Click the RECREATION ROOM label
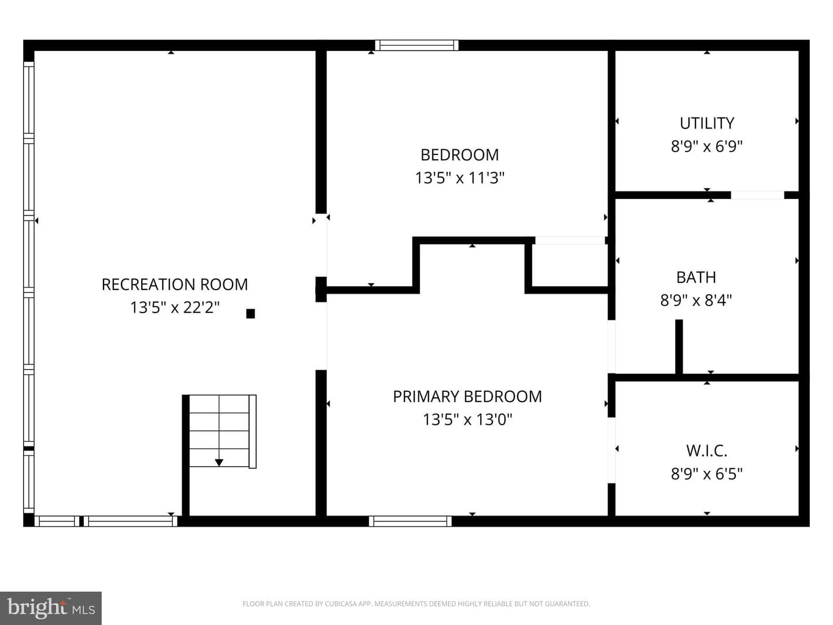click(175, 285)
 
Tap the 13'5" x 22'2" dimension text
click(175, 307)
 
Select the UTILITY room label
click(707, 123)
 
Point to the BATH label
click(696, 277)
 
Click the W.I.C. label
click(707, 451)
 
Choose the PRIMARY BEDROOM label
click(467, 396)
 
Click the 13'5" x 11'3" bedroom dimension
click(459, 178)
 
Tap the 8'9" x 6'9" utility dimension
click(707, 146)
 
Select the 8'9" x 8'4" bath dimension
click(696, 300)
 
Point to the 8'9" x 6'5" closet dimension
click(707, 473)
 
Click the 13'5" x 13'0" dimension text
click(467, 420)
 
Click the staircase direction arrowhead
click(219, 462)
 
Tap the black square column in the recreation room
click(250, 314)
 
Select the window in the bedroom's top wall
click(417, 45)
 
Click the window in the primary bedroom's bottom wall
click(410, 521)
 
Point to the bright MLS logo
click(51, 608)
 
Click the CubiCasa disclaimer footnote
click(417, 604)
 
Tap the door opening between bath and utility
click(757, 195)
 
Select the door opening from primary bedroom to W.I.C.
click(611, 450)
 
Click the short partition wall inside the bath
click(679, 347)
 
